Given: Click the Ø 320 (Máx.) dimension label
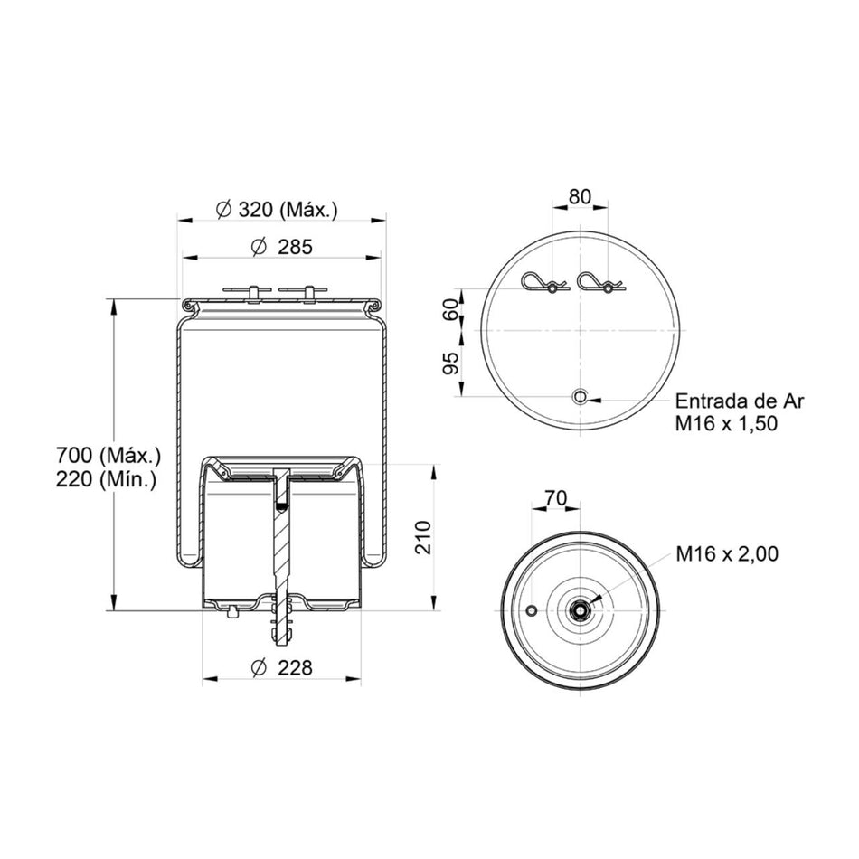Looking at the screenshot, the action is click(x=277, y=209).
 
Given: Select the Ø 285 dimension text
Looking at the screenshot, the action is click(x=282, y=247).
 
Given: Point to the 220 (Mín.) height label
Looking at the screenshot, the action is click(x=107, y=480).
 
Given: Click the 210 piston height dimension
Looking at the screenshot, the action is click(x=423, y=537).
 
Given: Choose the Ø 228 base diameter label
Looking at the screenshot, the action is click(x=281, y=668).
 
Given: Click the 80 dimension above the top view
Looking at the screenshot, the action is click(x=581, y=197).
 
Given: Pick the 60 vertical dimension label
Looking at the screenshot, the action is click(x=451, y=310).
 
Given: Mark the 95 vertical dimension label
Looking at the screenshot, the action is click(x=451, y=363).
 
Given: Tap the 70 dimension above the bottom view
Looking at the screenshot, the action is click(x=555, y=498).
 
